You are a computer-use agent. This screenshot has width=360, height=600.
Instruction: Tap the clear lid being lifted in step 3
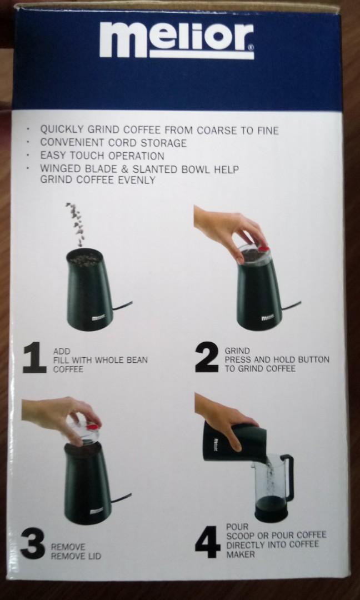tap(83, 431)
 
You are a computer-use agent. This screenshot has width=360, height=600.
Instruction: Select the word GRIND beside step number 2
tap(237, 351)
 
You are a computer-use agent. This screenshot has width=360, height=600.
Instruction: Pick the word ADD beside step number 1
tap(62, 351)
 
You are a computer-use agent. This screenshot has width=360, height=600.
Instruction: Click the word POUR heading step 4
tap(237, 526)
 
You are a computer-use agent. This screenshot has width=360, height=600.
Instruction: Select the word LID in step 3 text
tap(94, 556)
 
